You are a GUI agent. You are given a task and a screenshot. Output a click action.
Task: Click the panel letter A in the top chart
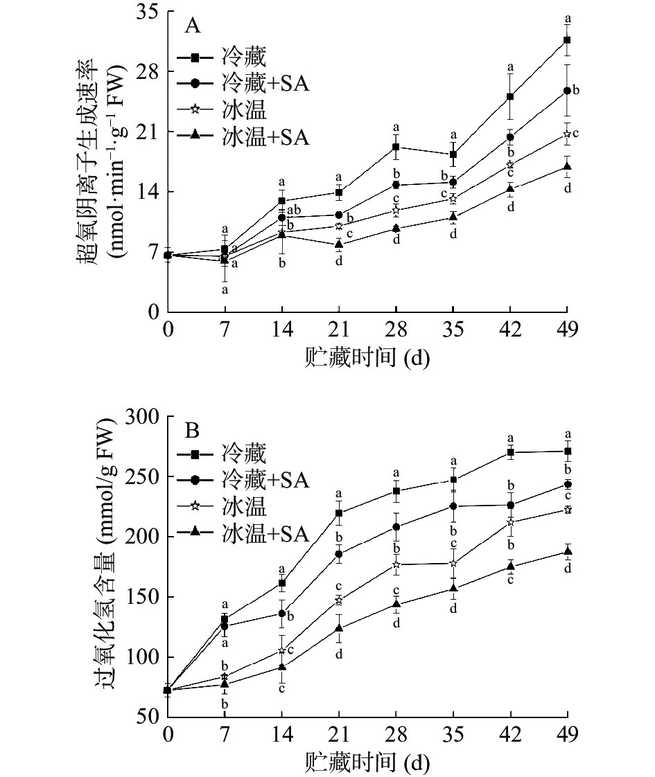192,27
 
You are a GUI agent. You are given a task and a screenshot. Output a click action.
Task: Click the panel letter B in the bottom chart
192,431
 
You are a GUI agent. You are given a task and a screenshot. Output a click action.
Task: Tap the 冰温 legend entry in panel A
243,109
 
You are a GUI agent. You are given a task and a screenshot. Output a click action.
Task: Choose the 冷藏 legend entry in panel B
243,454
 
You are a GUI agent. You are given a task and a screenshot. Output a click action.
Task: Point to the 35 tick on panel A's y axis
147,12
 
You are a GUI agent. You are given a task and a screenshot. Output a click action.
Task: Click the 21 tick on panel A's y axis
147,132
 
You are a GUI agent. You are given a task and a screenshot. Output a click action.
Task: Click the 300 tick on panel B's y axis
143,416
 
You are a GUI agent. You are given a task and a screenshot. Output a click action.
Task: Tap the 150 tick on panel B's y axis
143,597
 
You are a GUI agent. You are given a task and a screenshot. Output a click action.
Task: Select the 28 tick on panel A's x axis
396,327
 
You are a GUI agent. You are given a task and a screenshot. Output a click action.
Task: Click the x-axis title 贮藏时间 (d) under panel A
367,357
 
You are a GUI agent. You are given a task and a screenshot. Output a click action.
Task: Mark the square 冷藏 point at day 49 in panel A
567,40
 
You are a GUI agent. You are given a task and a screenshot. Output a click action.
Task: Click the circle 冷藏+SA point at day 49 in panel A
567,91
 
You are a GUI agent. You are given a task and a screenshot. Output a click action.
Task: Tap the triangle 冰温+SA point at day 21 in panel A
339,244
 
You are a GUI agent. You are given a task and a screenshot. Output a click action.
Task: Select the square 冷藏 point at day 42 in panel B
510,452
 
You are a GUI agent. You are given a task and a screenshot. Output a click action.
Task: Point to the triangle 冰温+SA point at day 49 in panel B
567,552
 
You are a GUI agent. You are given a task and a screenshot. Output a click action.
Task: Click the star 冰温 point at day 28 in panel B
396,564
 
